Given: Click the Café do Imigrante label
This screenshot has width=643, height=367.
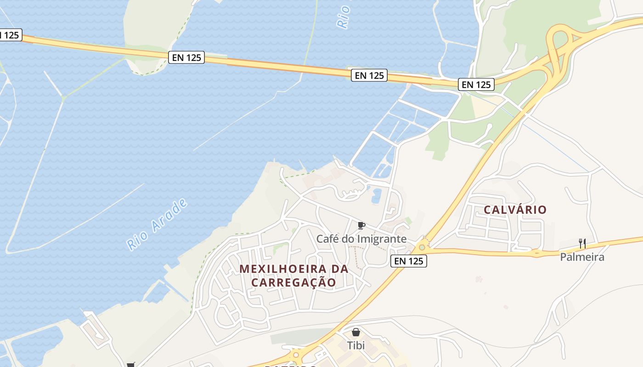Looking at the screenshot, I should pyautogui.click(x=361, y=239).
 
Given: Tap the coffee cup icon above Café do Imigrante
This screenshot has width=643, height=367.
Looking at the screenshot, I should pyautogui.click(x=361, y=225).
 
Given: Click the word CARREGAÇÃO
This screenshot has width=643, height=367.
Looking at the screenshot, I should pyautogui.click(x=293, y=282).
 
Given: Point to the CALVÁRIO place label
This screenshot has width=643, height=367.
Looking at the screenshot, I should pyautogui.click(x=515, y=210).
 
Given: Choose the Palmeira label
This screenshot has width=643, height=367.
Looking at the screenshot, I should pyautogui.click(x=582, y=257).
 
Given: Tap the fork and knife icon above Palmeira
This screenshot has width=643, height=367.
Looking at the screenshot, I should pyautogui.click(x=582, y=243).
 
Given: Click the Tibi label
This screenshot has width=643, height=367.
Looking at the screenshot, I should pyautogui.click(x=356, y=345).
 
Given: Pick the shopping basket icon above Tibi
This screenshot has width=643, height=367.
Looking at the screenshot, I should pyautogui.click(x=356, y=332).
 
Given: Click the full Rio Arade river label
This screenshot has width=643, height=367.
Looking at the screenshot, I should pyautogui.click(x=158, y=224).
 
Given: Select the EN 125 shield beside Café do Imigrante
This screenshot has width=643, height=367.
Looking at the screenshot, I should pyautogui.click(x=409, y=261).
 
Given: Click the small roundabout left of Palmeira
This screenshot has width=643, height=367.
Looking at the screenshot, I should pyautogui.click(x=536, y=252).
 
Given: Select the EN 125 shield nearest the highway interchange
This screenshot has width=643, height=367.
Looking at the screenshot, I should pyautogui.click(x=476, y=84).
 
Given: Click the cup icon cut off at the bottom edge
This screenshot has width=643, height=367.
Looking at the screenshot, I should pyautogui.click(x=130, y=365).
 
